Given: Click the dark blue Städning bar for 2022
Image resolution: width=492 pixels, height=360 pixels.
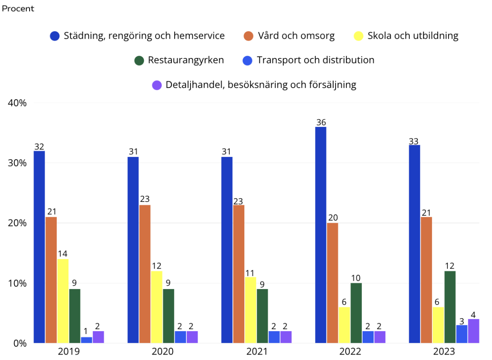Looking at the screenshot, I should pos(321,235).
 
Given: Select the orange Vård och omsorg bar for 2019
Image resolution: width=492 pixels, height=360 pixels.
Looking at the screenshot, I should pos(51,280).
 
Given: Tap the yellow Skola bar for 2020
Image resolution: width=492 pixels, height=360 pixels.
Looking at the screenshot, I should pos(157,307).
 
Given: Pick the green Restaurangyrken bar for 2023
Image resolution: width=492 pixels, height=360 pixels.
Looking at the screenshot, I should pos(450,307).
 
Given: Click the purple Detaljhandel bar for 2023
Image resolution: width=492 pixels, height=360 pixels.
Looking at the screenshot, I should pos(474,331).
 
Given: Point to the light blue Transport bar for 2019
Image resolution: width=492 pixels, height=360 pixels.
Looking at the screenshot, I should pos(86,340).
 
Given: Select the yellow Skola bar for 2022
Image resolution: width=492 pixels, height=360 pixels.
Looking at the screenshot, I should pos(344,325).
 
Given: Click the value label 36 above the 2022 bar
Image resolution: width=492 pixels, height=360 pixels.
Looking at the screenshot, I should pos(321,122).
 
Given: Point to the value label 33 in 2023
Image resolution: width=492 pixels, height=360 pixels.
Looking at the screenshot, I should pos(414,141).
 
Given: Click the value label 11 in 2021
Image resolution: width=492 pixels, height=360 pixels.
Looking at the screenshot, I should pos(251,272).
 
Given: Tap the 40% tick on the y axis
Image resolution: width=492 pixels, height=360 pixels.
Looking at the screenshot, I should pos(18,103).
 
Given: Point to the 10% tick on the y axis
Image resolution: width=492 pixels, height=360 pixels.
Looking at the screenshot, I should pos(18,283).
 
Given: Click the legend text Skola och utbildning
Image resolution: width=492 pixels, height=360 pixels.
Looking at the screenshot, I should pos(413,36).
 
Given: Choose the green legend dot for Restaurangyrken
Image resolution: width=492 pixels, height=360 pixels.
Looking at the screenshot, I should pos(139,60).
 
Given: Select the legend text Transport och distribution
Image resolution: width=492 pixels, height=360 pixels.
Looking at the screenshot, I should pos(315,60).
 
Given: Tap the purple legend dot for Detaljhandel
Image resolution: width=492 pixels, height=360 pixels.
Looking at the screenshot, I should pos(157,85).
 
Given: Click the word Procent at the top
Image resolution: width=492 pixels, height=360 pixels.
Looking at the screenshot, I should pos(18,9).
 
